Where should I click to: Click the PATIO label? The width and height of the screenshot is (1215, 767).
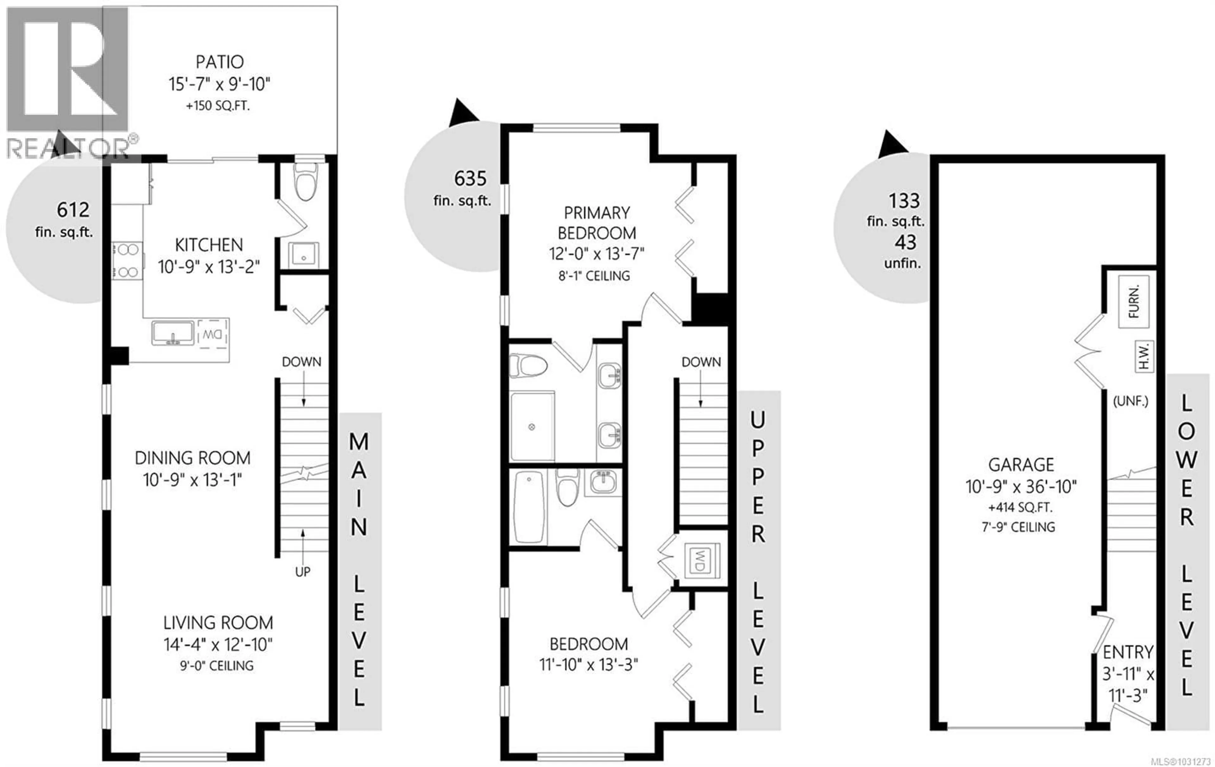pyautogui.click(x=220, y=62)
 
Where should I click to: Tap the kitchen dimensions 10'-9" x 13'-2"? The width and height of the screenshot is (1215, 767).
pyautogui.click(x=209, y=267)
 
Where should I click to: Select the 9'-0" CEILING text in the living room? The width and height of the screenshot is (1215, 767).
pyautogui.click(x=216, y=666)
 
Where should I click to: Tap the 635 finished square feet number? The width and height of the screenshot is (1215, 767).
pyautogui.click(x=470, y=179)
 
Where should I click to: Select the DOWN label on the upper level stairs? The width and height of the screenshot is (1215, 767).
pyautogui.click(x=701, y=362)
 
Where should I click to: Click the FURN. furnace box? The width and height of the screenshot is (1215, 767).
pyautogui.click(x=1133, y=302)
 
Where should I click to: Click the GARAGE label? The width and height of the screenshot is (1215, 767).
pyautogui.click(x=1021, y=464)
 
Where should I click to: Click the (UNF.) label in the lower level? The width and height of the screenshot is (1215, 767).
pyautogui.click(x=1130, y=402)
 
